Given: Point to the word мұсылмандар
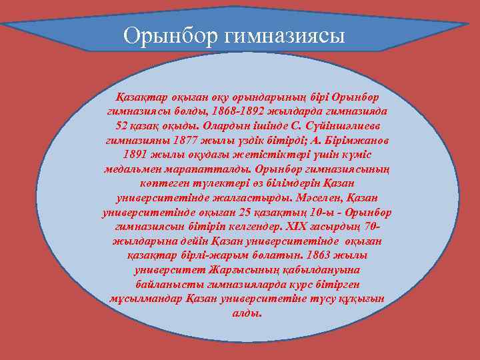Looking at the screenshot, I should tap(141, 299).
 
